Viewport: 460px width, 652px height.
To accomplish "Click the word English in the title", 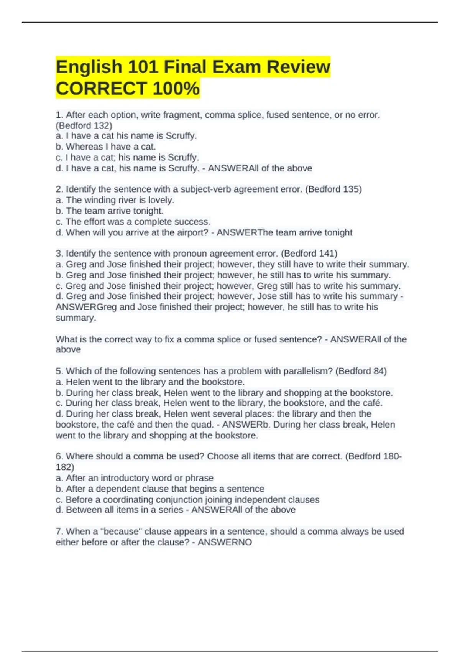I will [x=89, y=67].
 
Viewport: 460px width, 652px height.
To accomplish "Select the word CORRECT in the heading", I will [x=102, y=89].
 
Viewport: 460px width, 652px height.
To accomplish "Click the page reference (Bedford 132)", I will [x=84, y=125].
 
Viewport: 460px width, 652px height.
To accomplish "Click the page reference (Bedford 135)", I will [x=333, y=189].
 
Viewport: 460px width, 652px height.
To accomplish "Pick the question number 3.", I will [x=59, y=254].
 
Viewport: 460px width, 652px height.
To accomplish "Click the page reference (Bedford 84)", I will [x=361, y=371].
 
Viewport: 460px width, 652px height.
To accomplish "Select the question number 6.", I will [x=59, y=456].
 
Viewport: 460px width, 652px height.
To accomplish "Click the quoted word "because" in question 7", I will [x=122, y=532].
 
